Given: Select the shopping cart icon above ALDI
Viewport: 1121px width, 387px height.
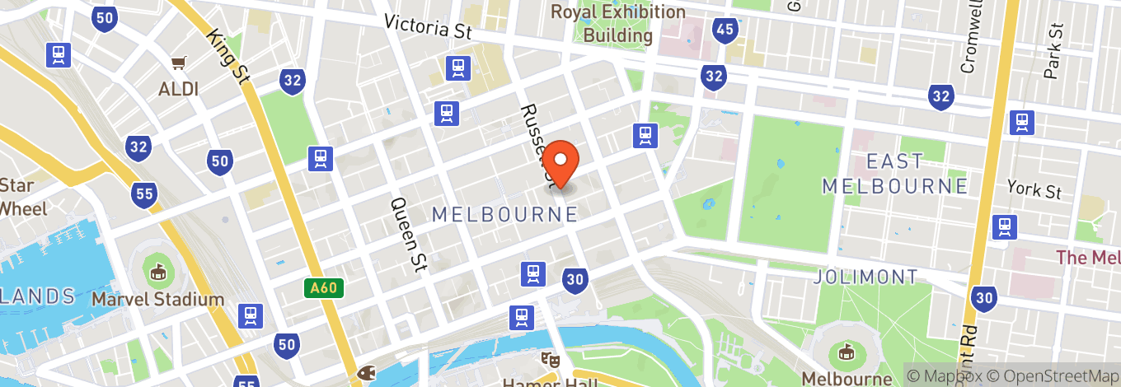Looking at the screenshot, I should (178, 62).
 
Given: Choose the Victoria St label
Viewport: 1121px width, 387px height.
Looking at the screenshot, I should (428, 27).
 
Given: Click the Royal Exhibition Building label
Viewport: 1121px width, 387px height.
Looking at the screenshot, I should (617, 24).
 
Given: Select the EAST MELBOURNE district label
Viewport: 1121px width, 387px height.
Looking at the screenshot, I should (894, 173).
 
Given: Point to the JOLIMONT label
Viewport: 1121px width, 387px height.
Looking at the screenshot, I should (865, 277).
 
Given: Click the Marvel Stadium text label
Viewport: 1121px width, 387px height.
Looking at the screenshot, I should (157, 299).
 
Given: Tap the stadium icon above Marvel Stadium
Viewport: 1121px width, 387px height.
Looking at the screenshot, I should (157, 269).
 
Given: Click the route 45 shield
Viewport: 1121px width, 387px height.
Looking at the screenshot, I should (725, 30).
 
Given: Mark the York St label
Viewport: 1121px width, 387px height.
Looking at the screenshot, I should (1034, 190).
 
